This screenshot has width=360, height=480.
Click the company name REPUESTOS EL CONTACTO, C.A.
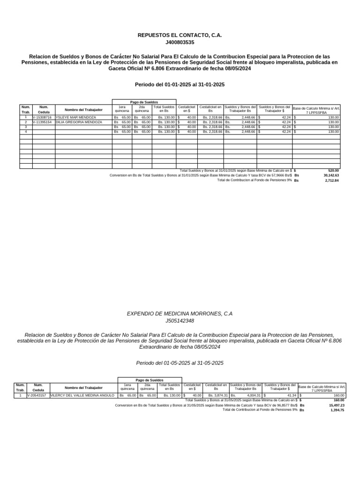coord(180,35)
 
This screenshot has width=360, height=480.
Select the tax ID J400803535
coord(180,42)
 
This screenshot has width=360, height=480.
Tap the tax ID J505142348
coord(180,321)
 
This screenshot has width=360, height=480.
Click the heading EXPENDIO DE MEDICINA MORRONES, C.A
coord(180,313)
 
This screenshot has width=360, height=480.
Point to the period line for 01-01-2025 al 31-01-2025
coord(180,85)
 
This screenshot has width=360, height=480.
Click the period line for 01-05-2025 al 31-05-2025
coord(180,363)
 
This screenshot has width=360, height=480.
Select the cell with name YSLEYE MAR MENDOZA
coord(76,117)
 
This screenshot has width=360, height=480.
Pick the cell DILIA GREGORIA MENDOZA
coord(79,122)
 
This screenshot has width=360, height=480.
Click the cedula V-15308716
coord(43,117)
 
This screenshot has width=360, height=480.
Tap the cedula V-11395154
coord(43,122)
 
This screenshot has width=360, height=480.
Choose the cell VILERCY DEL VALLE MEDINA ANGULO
coord(82,396)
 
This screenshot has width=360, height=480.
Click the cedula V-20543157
coord(37,396)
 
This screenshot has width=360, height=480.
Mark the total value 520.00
coord(333,171)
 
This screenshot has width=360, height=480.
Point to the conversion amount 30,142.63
coord(330,175)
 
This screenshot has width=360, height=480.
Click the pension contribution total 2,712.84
coord(331,180)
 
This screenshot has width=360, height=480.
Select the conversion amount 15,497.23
coord(336,405)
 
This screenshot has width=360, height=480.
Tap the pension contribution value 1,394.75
coord(337,410)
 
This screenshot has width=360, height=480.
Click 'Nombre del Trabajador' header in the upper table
coord(83,110)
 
